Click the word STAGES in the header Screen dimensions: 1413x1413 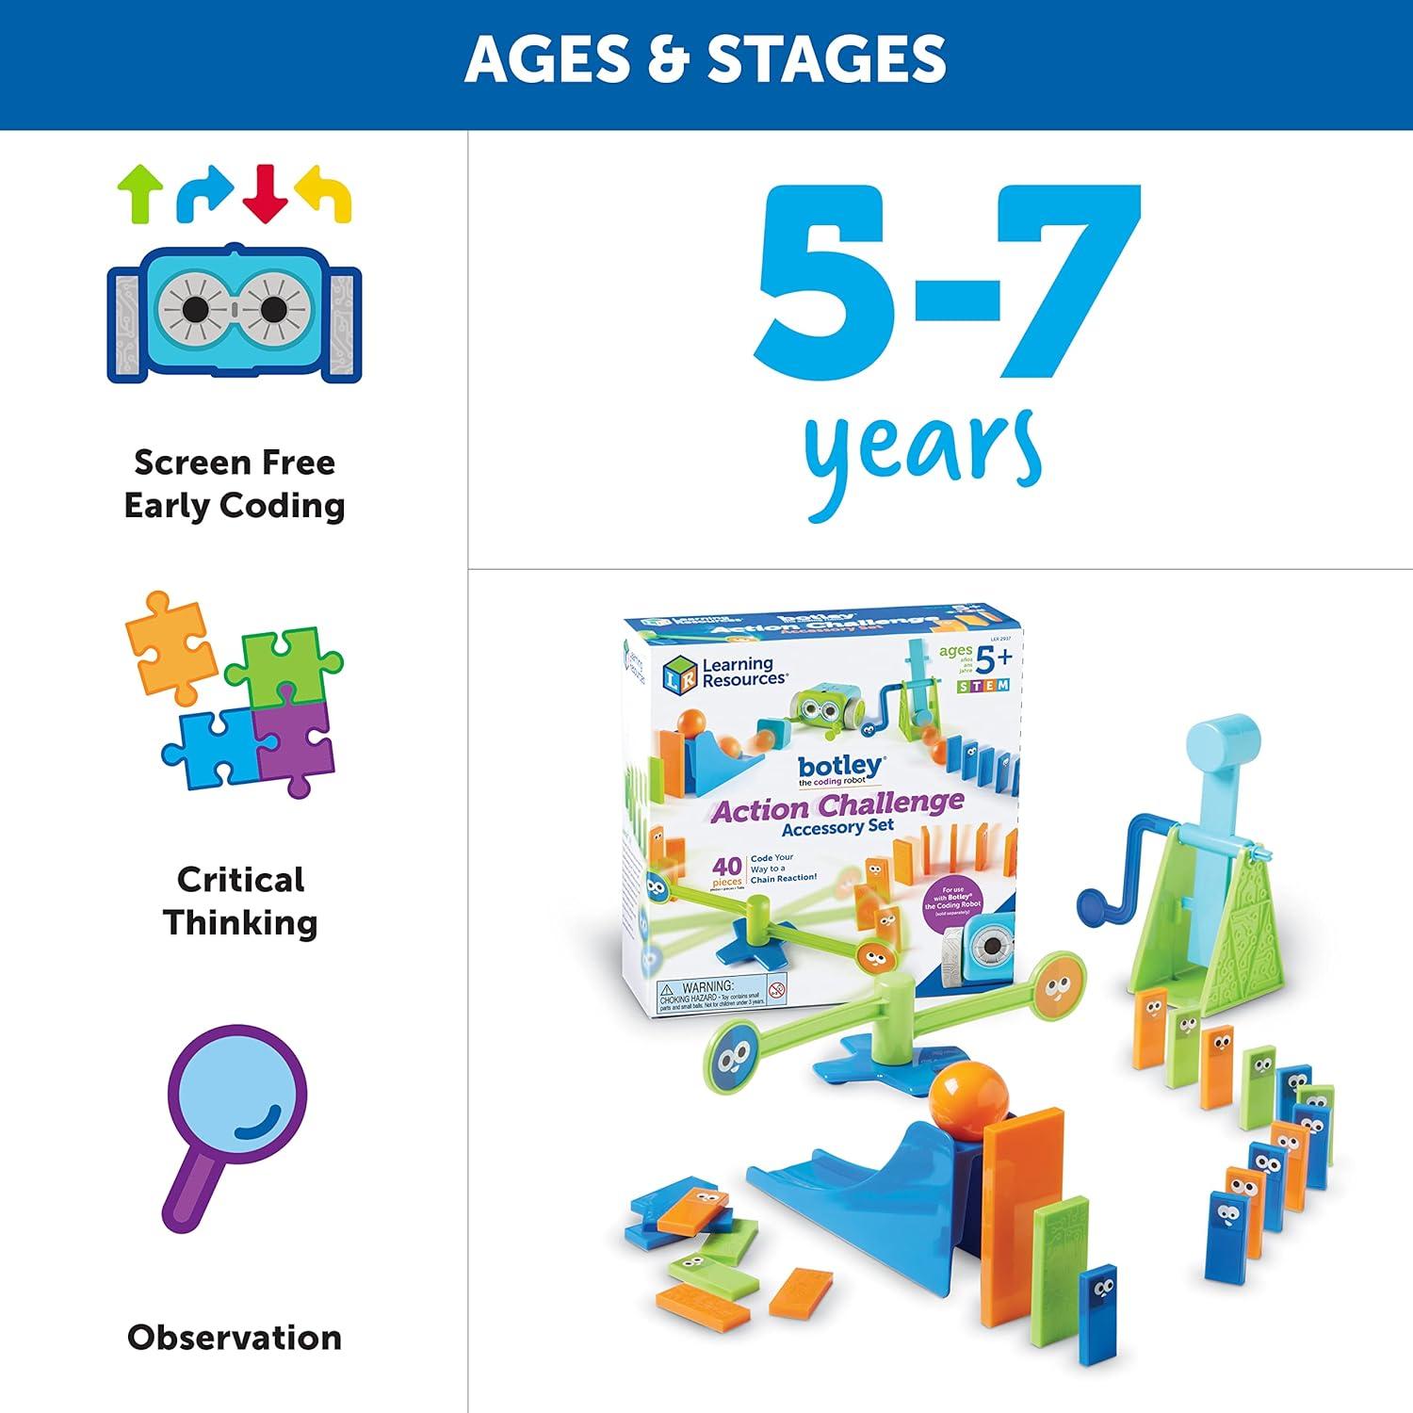point(827,58)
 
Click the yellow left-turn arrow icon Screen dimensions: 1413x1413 point(324,192)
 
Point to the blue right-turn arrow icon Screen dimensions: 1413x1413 point(204,191)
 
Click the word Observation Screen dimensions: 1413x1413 point(235,1337)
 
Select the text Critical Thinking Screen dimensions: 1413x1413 point(240,901)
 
